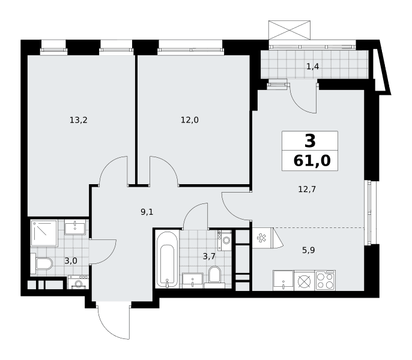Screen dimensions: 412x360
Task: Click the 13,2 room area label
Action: pos(78,120)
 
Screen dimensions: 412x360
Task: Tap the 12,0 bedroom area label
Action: pos(189,120)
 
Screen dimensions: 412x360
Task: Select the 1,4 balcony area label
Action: pos(313,67)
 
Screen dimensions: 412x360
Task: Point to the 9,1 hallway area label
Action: pos(147,212)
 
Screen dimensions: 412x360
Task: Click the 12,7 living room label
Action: pos(307,189)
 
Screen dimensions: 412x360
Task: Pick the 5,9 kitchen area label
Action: pos(308,250)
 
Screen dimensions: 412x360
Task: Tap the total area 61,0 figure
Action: pos(312,161)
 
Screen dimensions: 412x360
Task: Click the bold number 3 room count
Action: pos(310,141)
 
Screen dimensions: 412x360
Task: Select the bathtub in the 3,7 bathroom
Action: pos(167,259)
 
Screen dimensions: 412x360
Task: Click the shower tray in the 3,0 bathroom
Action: pos(44,233)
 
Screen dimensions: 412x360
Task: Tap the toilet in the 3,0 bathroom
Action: pos(41,263)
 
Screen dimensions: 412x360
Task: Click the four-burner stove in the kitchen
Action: pos(326,281)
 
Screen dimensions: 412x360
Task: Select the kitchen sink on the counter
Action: pos(283,281)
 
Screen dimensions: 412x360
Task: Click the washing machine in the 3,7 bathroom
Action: pos(225,240)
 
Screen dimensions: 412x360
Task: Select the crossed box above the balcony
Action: pos(289,30)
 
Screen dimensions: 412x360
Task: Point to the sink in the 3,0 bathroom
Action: pos(75,227)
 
